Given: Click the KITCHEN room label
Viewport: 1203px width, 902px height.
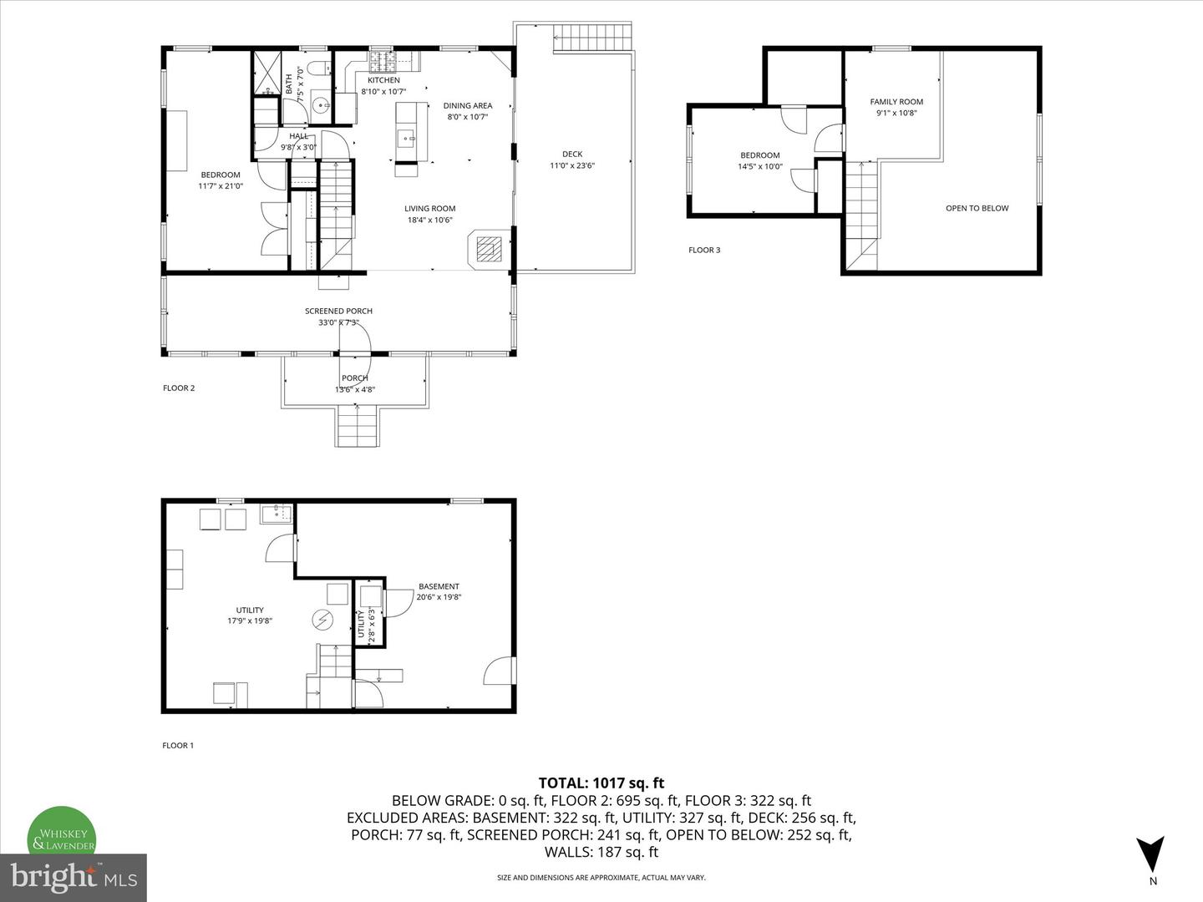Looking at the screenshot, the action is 383,80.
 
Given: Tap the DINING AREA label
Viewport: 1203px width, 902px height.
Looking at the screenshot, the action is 468,105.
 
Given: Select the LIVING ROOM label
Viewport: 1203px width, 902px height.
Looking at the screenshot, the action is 429,208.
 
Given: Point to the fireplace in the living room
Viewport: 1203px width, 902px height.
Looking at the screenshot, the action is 489,249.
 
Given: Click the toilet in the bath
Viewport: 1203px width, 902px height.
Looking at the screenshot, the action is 318,68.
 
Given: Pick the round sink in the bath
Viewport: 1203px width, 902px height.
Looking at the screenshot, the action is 321,104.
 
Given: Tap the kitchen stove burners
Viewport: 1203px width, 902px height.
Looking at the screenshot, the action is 382,61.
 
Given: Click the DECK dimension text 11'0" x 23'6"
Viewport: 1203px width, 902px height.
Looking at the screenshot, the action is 572,165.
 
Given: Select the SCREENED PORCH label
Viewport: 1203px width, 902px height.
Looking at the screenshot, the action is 338,311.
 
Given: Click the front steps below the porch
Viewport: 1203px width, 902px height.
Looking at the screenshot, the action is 357,426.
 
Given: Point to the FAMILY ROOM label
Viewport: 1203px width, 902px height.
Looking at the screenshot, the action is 896,101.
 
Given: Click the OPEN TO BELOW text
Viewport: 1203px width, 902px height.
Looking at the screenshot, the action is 977,208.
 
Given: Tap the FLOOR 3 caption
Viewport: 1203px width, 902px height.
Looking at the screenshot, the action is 704,250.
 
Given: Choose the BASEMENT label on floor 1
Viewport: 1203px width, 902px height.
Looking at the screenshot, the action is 439,586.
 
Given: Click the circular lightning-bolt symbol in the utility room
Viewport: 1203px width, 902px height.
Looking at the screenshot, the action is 322,620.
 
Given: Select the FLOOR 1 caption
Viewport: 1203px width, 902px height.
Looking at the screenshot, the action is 178,745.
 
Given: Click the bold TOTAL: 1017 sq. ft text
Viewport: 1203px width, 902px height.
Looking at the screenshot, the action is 601,783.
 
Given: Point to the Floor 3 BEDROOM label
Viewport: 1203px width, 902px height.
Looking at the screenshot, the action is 759,155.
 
